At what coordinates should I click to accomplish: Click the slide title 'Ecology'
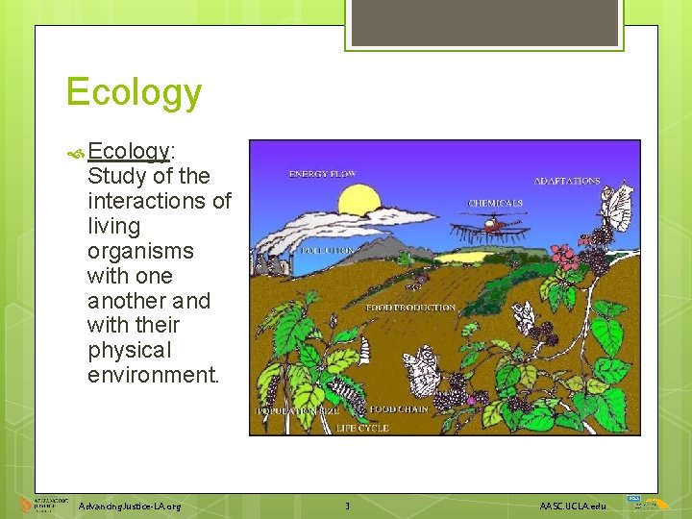point(134,93)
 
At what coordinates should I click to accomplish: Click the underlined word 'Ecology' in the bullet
point(128,151)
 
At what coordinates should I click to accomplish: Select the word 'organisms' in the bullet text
point(140,251)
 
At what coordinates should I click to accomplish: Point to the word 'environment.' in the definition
point(154,375)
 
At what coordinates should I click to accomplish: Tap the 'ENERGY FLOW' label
point(323,174)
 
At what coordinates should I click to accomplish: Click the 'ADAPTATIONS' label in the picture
point(567,181)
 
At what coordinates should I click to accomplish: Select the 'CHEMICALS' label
point(496,203)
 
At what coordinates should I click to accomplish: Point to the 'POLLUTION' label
point(328,250)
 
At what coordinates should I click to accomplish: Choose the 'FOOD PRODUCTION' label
point(410,308)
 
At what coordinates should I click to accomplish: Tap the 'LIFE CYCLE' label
point(362,428)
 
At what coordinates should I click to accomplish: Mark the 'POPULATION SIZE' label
point(298,410)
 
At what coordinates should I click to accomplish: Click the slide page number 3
point(347,506)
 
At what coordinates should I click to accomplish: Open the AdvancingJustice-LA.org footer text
point(130,506)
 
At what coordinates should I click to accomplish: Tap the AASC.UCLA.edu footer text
point(573,506)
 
